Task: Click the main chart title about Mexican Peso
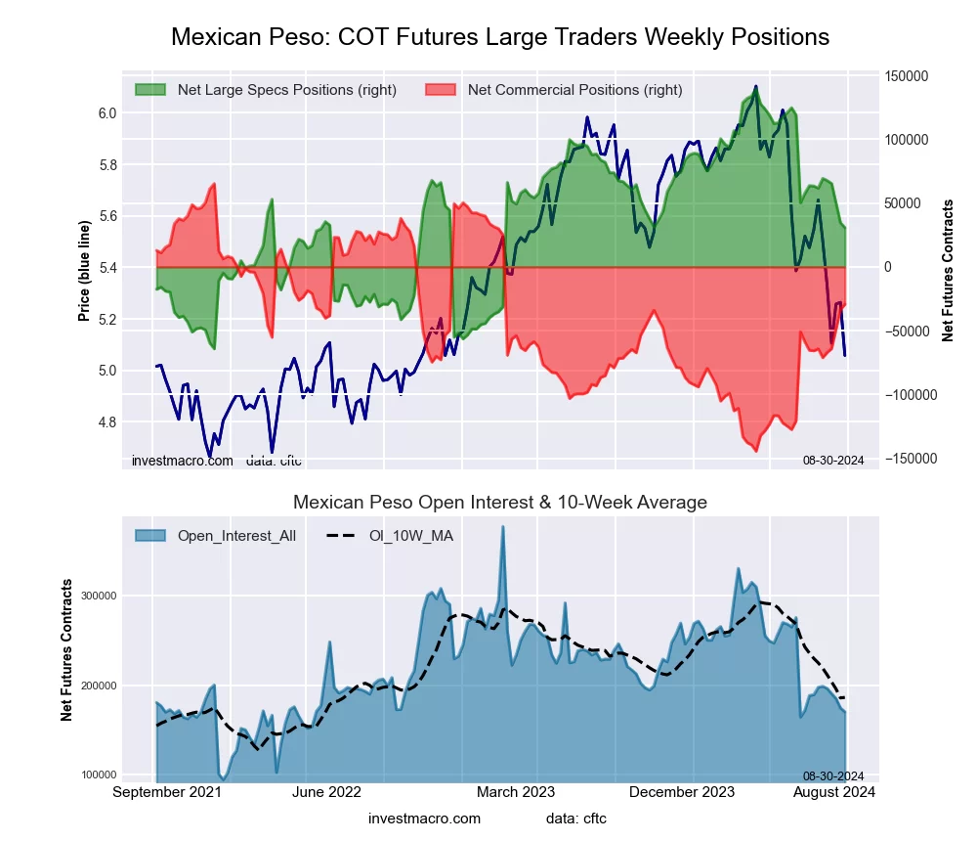click(x=500, y=37)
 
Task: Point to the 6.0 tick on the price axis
click(x=107, y=113)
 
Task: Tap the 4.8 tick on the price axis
click(x=107, y=422)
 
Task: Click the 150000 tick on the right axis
click(x=906, y=76)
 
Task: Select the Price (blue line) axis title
click(x=85, y=271)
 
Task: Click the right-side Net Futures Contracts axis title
click(x=948, y=271)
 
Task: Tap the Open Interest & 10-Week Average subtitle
click(x=500, y=503)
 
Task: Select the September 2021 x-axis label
click(x=166, y=792)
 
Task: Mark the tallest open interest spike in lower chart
click(x=503, y=527)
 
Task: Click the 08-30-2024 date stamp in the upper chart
click(x=832, y=461)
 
